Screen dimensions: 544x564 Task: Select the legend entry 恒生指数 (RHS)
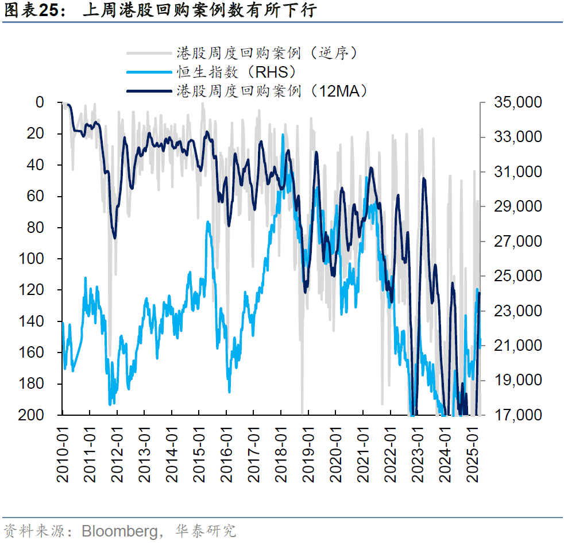tap(236, 72)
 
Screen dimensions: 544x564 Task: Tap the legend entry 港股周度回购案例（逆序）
tap(268, 53)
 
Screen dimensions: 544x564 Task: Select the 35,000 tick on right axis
tap(517, 102)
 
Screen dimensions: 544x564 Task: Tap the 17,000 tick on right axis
tap(517, 415)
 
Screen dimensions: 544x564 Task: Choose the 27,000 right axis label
tap(517, 241)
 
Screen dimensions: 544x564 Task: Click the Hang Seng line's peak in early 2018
tap(283, 135)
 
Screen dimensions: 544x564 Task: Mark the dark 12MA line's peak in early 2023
tap(424, 179)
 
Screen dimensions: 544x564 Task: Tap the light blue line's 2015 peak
tap(208, 222)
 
